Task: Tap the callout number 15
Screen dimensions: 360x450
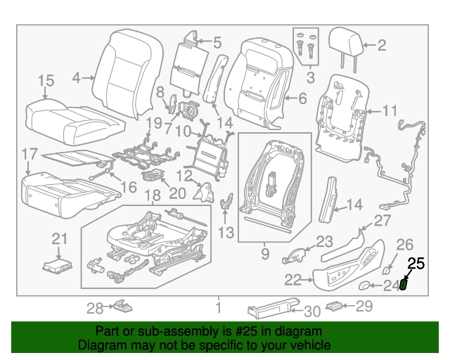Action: (x=46, y=82)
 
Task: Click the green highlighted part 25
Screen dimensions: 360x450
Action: (x=404, y=285)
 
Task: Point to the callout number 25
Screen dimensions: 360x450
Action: (x=416, y=264)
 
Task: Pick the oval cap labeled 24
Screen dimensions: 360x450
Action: (x=366, y=285)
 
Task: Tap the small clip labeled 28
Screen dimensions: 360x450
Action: (x=124, y=307)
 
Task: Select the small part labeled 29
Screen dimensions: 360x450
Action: (x=338, y=306)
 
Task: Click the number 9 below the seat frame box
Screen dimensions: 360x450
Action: (x=264, y=251)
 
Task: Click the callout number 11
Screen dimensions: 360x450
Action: (x=390, y=110)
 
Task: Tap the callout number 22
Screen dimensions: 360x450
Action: (x=292, y=281)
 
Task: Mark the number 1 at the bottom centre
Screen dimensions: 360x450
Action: (x=219, y=307)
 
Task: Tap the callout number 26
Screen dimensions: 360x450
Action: (x=405, y=245)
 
